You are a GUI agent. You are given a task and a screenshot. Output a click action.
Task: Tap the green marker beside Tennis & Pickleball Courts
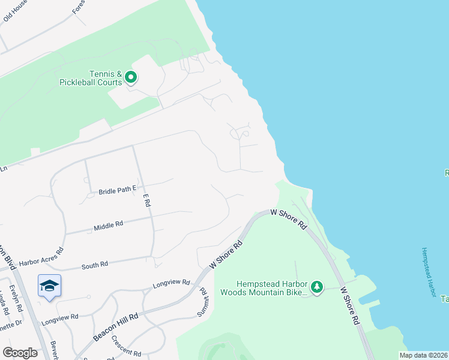click(x=131, y=77)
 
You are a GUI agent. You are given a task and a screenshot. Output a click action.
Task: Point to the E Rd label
click(x=146, y=200)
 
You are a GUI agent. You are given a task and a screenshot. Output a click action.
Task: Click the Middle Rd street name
click(x=108, y=226)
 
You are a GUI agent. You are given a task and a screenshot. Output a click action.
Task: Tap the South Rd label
click(x=94, y=264)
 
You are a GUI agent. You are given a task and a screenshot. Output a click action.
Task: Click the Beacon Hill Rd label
click(x=116, y=327)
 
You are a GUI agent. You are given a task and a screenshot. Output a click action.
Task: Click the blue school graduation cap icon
click(x=49, y=285)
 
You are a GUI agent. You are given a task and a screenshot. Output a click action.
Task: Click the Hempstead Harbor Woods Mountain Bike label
click(x=264, y=288)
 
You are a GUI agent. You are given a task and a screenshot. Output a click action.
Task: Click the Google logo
click(x=20, y=353)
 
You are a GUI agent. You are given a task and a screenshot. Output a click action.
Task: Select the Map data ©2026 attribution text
click(x=423, y=355)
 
